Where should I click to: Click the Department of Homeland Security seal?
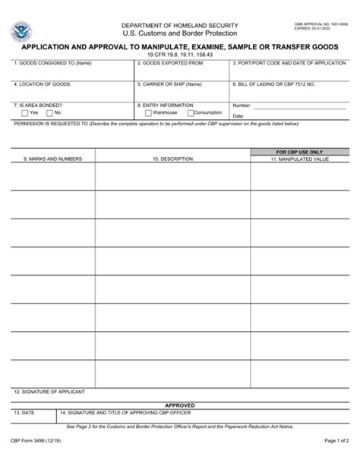21,33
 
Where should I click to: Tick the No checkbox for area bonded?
49,113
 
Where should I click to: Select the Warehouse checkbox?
141,113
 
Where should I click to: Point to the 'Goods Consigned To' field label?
52,64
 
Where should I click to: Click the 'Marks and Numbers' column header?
52,159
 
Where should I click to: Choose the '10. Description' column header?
172,159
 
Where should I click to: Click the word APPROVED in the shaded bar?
180,405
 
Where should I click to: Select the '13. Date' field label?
24,412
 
